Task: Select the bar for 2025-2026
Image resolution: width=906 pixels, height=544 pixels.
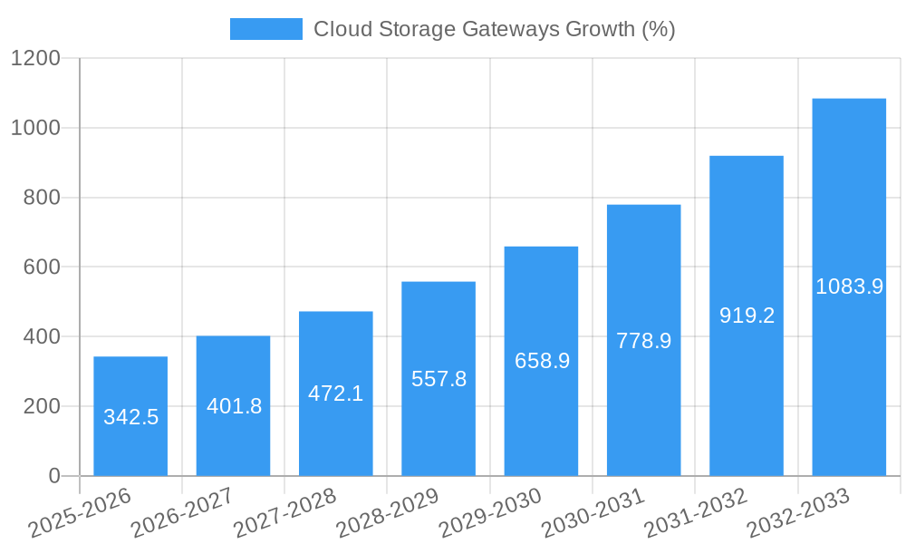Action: click(130, 416)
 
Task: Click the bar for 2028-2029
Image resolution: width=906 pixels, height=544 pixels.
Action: click(439, 379)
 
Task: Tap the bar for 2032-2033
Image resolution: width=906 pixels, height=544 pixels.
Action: click(849, 287)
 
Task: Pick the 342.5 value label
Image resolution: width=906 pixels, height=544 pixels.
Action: click(130, 417)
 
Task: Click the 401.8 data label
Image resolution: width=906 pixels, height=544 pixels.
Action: click(234, 406)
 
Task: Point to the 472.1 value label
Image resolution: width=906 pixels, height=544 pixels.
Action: click(335, 393)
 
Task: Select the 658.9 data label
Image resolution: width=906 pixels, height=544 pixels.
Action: click(542, 361)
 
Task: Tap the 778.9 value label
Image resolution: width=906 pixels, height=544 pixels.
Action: click(643, 341)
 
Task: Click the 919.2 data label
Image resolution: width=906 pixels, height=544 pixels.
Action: click(747, 316)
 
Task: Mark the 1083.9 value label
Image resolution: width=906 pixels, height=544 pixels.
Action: click(849, 287)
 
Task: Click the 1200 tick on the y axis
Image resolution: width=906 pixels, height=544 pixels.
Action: click(35, 59)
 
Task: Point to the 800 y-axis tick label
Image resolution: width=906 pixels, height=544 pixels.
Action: click(42, 198)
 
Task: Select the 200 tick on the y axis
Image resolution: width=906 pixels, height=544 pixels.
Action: click(42, 406)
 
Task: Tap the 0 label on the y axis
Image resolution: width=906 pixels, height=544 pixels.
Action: click(53, 476)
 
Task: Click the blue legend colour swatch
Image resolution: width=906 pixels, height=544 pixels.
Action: click(265, 29)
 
